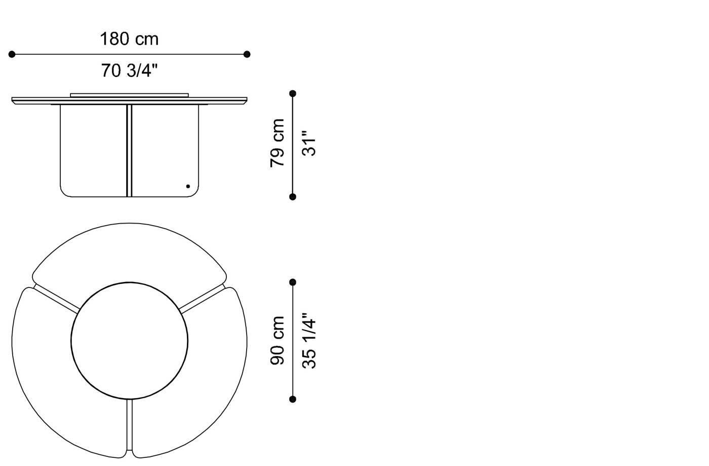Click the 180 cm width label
(x=129, y=39)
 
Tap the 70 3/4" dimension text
(x=129, y=70)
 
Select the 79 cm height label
(x=278, y=143)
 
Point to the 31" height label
(x=309, y=143)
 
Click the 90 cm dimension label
(x=278, y=340)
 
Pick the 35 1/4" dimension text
(x=309, y=341)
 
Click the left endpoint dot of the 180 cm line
(x=12, y=54)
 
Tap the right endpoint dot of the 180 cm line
(x=247, y=54)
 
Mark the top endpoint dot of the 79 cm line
(x=293, y=93)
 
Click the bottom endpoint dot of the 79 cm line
(x=293, y=197)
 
